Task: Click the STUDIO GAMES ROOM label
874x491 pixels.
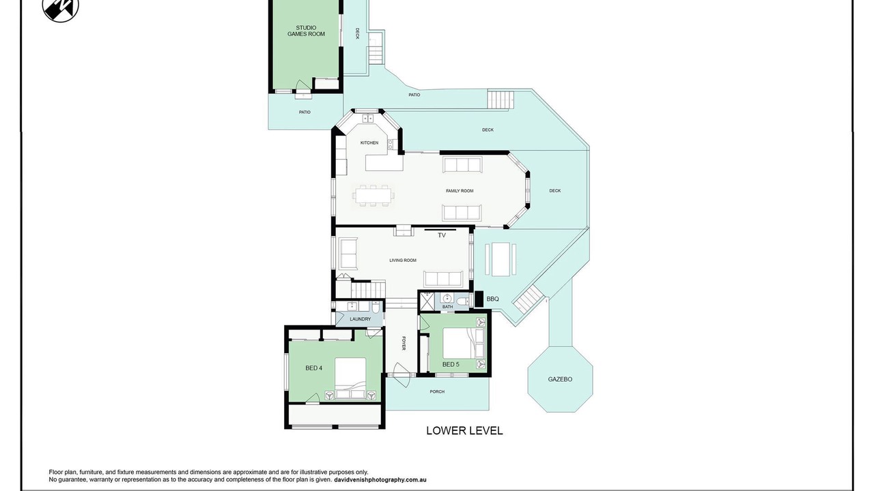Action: point(306,31)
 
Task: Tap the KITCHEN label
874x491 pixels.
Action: point(369,143)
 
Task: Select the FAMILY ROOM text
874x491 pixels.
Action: point(460,191)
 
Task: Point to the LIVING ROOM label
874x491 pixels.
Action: point(403,261)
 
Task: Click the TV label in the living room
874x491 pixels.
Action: point(442,235)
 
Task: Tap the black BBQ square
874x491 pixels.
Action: point(479,299)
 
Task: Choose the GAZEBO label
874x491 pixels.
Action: point(560,379)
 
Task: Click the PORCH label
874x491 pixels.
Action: point(437,391)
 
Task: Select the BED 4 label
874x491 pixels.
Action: point(313,368)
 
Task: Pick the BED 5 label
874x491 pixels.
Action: point(451,364)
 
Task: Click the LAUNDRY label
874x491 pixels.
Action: point(360,319)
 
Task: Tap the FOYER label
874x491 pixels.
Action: point(404,343)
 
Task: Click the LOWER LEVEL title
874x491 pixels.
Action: point(464,430)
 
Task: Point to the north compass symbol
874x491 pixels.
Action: point(61,8)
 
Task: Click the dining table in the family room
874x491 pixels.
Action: point(373,195)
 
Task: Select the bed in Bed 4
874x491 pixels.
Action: point(350,378)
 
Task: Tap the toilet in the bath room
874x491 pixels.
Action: point(463,301)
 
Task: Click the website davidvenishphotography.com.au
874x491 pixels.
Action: point(380,479)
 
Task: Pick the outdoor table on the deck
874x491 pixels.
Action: point(501,259)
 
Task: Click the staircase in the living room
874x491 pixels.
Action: point(368,291)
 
